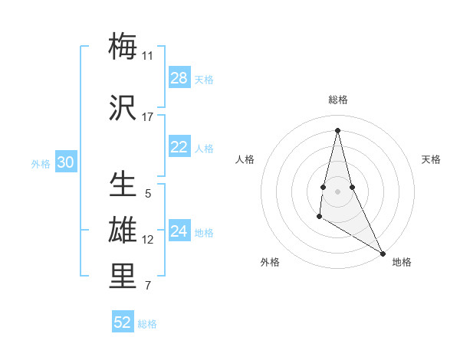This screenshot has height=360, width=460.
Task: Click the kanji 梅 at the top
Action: click(123, 45)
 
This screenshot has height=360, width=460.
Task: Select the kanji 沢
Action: click(123, 106)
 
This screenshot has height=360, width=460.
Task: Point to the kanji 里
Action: click(123, 276)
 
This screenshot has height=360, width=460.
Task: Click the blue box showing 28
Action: click(179, 78)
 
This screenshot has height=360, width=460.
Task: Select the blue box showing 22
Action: click(179, 147)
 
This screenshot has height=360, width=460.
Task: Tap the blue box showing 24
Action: click(179, 231)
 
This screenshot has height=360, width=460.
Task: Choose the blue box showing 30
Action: click(65, 162)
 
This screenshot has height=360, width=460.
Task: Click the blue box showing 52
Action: click(123, 322)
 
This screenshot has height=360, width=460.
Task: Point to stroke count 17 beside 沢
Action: click(147, 117)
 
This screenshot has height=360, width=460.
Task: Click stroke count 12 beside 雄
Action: click(147, 240)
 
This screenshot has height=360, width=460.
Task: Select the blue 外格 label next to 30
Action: click(41, 163)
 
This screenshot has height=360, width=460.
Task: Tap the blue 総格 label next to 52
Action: click(147, 324)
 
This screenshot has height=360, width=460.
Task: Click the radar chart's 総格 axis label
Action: click(338, 100)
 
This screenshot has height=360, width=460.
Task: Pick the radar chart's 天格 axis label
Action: click(431, 159)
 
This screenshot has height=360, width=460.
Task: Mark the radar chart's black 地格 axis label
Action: click(402, 262)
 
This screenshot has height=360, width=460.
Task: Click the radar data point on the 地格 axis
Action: click(383, 253)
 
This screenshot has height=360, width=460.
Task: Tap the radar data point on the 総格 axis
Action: click(337, 129)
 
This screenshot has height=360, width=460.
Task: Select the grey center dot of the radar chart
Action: click(337, 190)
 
